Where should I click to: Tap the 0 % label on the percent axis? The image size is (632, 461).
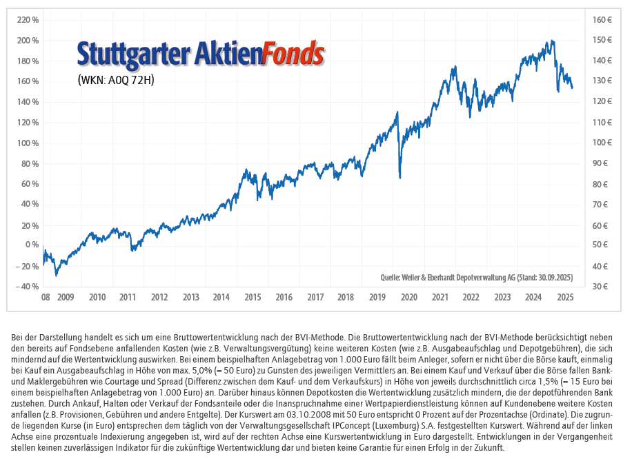click(x=32, y=245)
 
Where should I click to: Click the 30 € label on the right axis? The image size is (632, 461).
click(x=600, y=286)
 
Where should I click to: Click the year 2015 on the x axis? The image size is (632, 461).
click(x=253, y=298)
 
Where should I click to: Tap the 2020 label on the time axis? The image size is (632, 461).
click(x=409, y=298)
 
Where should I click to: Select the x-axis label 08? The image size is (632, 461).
click(x=46, y=298)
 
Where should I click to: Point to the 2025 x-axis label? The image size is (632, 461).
click(x=565, y=298)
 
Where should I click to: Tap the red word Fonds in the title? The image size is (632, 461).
click(x=294, y=53)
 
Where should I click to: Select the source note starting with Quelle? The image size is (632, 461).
click(x=476, y=277)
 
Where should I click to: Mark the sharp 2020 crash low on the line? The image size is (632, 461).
click(x=400, y=178)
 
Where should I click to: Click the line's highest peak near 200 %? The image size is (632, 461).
click(x=552, y=42)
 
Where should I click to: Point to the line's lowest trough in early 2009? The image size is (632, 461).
click(x=56, y=275)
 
